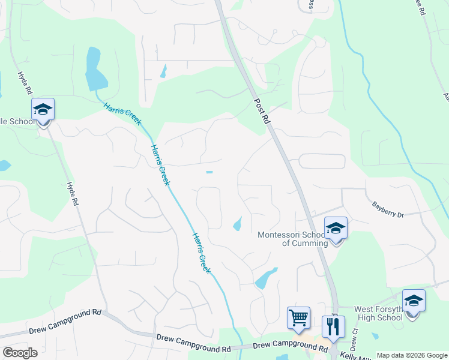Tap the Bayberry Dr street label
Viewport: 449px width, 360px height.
(x=388, y=209)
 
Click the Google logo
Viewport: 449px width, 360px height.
(x=20, y=353)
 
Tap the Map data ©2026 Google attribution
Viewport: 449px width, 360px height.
(x=411, y=355)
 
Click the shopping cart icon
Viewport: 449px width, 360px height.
(x=298, y=317)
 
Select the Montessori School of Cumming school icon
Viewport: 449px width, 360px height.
(x=336, y=229)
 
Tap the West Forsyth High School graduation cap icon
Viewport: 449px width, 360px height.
(x=414, y=301)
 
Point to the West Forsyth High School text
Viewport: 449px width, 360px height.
(x=378, y=313)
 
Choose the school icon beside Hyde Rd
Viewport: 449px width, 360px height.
(x=43, y=110)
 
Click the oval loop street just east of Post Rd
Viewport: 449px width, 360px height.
(x=322, y=161)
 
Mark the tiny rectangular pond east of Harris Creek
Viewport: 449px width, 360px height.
(x=209, y=172)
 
